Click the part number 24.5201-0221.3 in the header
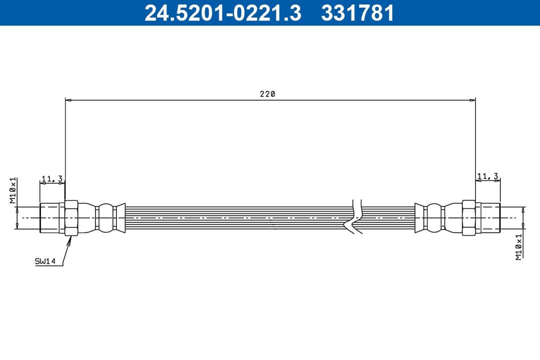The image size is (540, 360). pyautogui.click(x=222, y=13)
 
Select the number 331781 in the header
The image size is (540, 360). pyautogui.click(x=357, y=13)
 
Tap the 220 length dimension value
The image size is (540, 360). pyautogui.click(x=267, y=93)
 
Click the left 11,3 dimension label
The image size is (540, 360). pyautogui.click(x=51, y=178)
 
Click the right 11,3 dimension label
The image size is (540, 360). pyautogui.click(x=487, y=176)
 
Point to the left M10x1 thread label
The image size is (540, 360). pyautogui.click(x=13, y=190)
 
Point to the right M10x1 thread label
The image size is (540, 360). pyautogui.click(x=519, y=246)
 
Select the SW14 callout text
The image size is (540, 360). pyautogui.click(x=45, y=261)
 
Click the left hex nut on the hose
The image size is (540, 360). pyautogui.click(x=71, y=218)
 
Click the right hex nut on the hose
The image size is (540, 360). pyautogui.click(x=468, y=218)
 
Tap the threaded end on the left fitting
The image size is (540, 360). pyautogui.click(x=50, y=218)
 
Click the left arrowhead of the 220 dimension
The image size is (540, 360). pyautogui.click(x=69, y=100)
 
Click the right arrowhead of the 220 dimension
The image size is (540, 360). pyautogui.click(x=472, y=100)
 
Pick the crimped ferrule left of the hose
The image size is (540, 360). pyautogui.click(x=105, y=218)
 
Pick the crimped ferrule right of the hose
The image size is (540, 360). pyautogui.click(x=434, y=218)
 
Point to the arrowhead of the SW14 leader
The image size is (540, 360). pyautogui.click(x=70, y=238)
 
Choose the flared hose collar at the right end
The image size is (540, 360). pyautogui.click(x=419, y=218)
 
